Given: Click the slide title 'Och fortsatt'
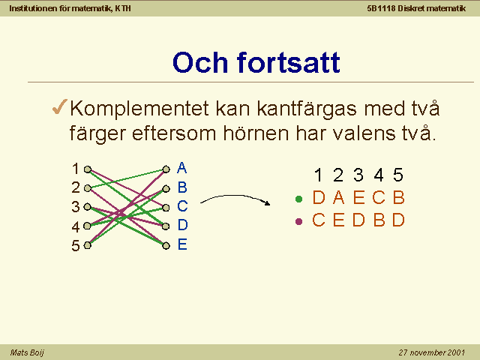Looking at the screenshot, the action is [256, 62].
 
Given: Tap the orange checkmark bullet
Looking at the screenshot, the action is [60, 106].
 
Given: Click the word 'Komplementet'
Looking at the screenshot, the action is [139, 109].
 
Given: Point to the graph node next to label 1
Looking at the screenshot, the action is [88, 169].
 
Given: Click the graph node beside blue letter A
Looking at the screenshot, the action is [166, 169].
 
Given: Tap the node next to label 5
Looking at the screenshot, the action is [88, 245].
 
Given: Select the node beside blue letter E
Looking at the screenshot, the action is [166, 245].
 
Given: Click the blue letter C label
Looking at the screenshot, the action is [182, 206].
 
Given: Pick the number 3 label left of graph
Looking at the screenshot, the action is [76, 207].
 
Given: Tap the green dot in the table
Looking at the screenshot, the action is [298, 199].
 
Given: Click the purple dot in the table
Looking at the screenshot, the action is [298, 221].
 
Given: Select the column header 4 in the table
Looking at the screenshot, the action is [379, 175].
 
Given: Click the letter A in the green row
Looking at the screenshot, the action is [338, 197].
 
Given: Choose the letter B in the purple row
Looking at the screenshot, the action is [379, 220].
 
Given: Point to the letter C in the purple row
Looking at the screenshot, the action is [319, 220].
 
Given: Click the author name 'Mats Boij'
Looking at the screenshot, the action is [27, 352].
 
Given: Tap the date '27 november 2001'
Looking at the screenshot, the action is [432, 352].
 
